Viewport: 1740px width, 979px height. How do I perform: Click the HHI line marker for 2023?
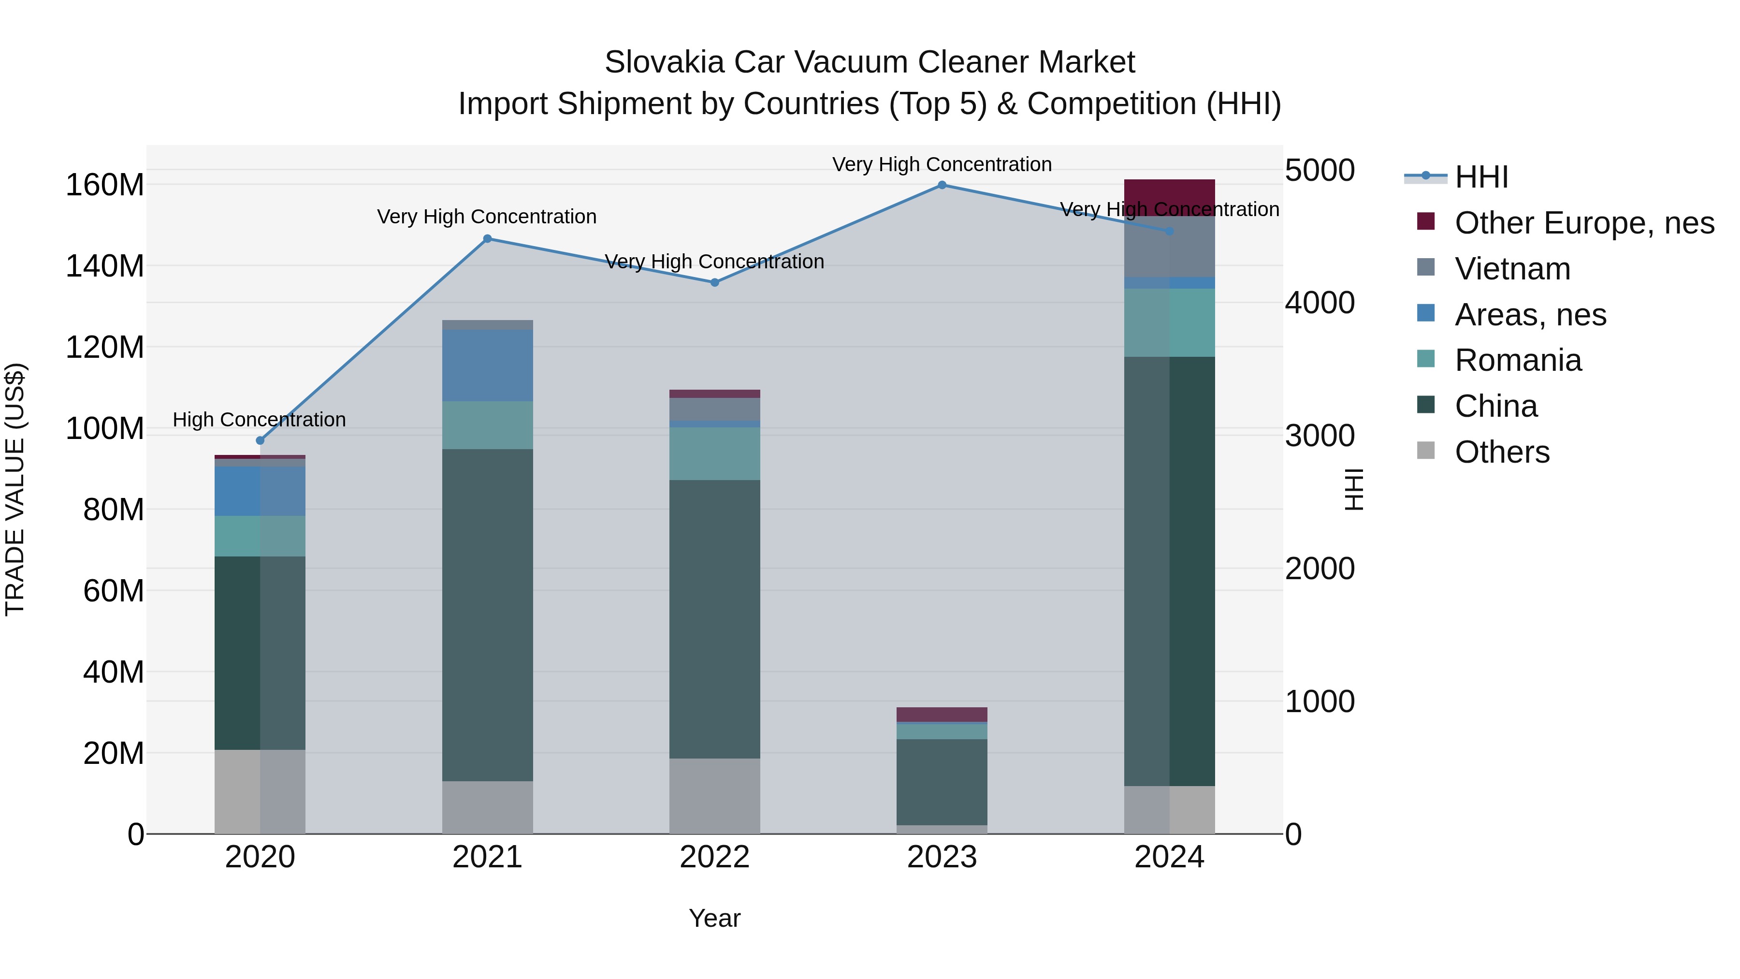point(942,185)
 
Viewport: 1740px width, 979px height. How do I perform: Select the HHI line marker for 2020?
point(260,440)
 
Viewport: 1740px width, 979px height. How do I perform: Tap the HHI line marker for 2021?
point(487,238)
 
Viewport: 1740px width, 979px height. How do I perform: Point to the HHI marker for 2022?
point(715,282)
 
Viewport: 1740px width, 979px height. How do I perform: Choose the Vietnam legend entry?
point(1512,269)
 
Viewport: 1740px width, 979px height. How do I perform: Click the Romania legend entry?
point(1517,360)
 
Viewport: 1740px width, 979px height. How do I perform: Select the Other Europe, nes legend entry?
point(1583,223)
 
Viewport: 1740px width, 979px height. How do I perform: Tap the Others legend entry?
point(1502,452)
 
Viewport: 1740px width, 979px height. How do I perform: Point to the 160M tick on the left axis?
point(105,185)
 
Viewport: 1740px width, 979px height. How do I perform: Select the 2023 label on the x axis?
point(942,857)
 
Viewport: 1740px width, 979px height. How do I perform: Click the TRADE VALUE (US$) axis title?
point(15,489)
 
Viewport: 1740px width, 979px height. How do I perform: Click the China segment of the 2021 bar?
point(487,615)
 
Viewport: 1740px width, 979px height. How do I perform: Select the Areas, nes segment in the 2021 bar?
point(487,365)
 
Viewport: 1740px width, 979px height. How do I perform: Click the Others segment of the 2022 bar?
point(715,796)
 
